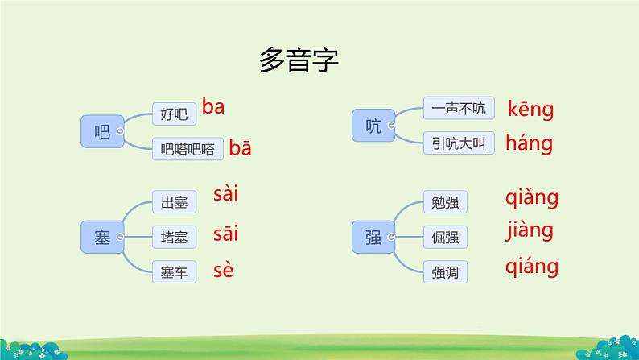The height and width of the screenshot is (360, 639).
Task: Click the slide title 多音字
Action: (299, 61)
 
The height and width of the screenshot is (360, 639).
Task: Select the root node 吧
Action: (101, 131)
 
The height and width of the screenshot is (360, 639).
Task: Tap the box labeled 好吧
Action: (174, 114)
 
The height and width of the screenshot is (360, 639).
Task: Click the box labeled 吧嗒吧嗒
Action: (187, 148)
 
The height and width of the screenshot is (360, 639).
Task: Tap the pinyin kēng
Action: (530, 110)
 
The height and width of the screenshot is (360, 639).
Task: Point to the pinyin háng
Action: (529, 144)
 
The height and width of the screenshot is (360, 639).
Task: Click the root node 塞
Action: (101, 237)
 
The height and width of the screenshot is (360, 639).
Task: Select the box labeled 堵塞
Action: (174, 238)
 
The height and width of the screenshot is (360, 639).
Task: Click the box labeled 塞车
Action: (174, 272)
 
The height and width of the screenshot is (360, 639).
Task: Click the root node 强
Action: (373, 237)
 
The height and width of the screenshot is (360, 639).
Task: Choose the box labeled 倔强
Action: (445, 238)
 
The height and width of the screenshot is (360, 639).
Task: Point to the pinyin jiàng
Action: (530, 231)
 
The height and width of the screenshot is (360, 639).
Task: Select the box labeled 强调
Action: (445, 272)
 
